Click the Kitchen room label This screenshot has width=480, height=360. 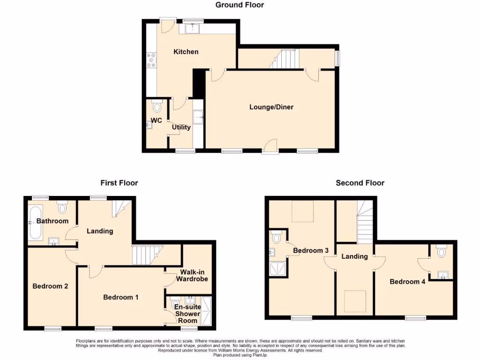(186, 52)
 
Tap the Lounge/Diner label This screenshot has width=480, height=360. (271, 107)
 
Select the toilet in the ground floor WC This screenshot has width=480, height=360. (157, 107)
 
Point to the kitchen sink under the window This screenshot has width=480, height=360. (192, 29)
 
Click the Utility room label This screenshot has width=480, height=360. (181, 127)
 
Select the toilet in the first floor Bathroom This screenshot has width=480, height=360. (63, 207)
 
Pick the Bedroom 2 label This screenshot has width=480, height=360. (51, 286)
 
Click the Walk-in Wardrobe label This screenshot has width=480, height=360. (192, 276)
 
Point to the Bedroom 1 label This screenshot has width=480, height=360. (120, 297)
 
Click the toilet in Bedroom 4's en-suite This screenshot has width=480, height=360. (441, 252)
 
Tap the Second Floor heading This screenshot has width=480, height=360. (360, 183)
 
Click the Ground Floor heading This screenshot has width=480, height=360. (240, 5)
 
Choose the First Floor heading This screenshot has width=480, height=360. (119, 183)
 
